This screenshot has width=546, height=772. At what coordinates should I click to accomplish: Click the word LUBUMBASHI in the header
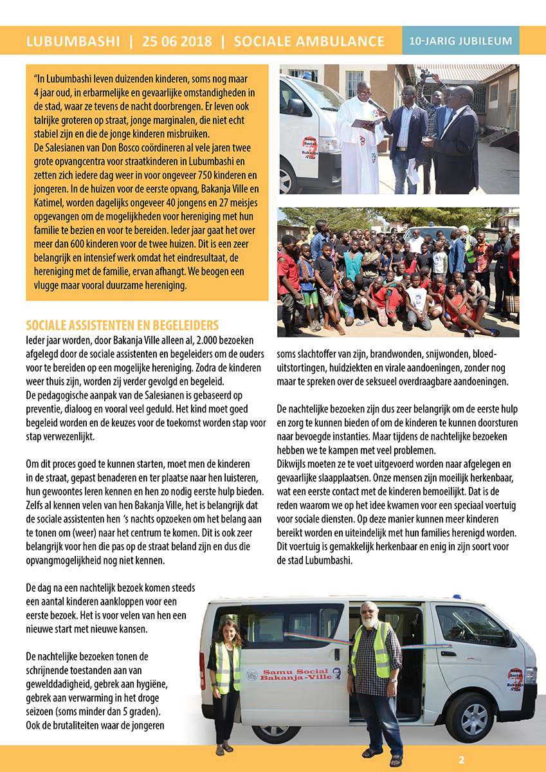point(73,42)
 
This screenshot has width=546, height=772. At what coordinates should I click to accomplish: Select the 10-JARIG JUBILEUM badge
point(460,41)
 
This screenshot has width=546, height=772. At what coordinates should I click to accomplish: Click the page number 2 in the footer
point(461,759)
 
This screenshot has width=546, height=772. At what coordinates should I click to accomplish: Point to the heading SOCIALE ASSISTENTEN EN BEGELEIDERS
point(122,325)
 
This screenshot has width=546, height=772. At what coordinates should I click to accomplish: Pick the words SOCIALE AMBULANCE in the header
point(309,42)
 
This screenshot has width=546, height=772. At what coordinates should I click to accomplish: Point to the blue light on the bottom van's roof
point(457,597)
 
